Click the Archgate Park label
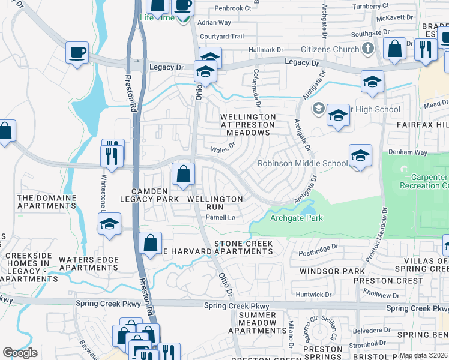[296, 218]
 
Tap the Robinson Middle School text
[303, 163]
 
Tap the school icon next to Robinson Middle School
[360, 157]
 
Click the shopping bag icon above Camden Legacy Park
[183, 175]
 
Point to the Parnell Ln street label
[219, 218]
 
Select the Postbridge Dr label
[319, 247]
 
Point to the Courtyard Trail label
[222, 37]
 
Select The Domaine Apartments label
[47, 202]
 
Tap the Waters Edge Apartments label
[88, 264]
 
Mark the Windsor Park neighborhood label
[324, 272]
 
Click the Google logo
[20, 352]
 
